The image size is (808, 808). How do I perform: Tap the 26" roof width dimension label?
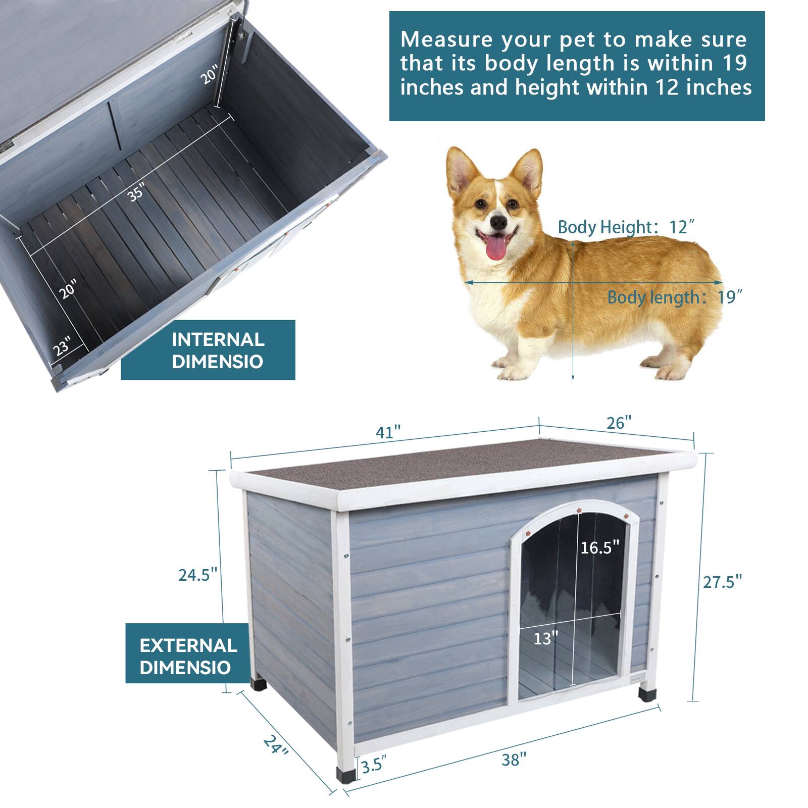(x=619, y=423)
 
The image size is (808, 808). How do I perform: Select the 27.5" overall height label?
(x=723, y=582)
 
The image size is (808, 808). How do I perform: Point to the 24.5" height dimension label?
(x=197, y=575)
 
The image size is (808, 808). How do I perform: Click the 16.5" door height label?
(x=599, y=547)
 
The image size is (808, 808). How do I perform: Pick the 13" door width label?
(x=546, y=639)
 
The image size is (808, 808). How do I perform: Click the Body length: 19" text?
(x=674, y=297)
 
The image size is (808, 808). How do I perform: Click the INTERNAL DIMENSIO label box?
(x=208, y=350)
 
